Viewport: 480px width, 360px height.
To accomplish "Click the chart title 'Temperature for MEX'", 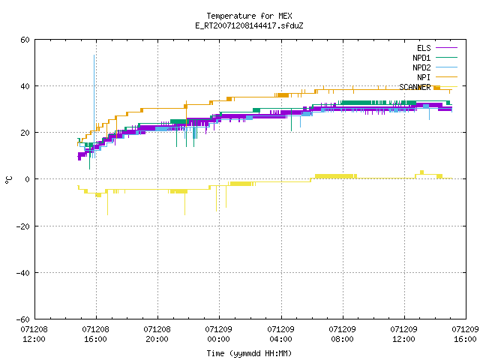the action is pyautogui.click(x=249, y=16).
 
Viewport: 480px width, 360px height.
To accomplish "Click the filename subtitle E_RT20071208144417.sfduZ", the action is pyautogui.click(x=249, y=25).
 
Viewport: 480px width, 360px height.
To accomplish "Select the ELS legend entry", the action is pyautogui.click(x=436, y=48).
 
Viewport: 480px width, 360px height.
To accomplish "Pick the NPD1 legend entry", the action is pyautogui.click(x=435, y=58).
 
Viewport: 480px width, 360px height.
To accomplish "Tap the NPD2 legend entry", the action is pyautogui.click(x=435, y=67).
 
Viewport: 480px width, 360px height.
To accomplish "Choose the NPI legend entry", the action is pyautogui.click(x=436, y=77).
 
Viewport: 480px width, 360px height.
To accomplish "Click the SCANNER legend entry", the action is pyautogui.click(x=428, y=87).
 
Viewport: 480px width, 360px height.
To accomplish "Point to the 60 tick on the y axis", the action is pyautogui.click(x=25, y=40).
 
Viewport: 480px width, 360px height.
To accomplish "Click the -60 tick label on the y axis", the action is pyautogui.click(x=23, y=319).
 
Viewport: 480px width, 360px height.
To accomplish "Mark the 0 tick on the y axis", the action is pyautogui.click(x=28, y=179).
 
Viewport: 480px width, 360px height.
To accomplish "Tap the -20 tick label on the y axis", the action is pyautogui.click(x=23, y=226).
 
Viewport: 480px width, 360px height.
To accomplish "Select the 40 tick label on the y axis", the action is pyautogui.click(x=25, y=86).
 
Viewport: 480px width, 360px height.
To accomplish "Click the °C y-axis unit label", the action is pyautogui.click(x=8, y=180).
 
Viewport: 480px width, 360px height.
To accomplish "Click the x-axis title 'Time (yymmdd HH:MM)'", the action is pyautogui.click(x=249, y=353).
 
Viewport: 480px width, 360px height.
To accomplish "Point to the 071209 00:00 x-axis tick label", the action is pyautogui.click(x=219, y=334).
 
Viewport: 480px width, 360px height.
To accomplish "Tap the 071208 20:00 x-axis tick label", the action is pyautogui.click(x=157, y=334).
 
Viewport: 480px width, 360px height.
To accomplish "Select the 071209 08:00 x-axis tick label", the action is pyautogui.click(x=342, y=334).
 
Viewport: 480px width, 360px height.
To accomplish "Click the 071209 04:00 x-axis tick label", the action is pyautogui.click(x=280, y=334).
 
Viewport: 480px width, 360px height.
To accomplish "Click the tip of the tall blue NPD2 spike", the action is pyautogui.click(x=94, y=55).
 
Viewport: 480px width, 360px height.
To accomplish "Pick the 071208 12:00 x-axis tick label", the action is pyautogui.click(x=34, y=334).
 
